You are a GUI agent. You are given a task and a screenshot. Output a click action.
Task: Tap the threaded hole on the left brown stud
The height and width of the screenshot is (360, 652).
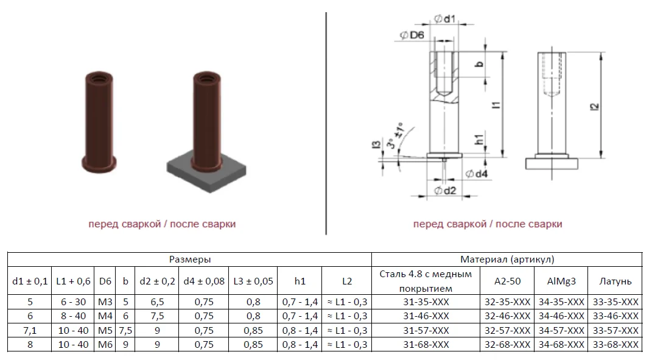[99, 77]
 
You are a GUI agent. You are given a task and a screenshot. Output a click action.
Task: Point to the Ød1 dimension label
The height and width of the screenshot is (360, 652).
[445, 19]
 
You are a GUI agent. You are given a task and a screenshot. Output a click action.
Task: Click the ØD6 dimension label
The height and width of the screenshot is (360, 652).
[412, 35]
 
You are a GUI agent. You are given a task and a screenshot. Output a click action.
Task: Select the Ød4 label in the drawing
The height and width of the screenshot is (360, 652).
[477, 174]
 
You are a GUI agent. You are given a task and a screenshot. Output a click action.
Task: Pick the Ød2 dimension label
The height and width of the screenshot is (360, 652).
[446, 191]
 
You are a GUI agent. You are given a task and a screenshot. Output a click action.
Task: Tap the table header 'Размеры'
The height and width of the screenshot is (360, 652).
[189, 259]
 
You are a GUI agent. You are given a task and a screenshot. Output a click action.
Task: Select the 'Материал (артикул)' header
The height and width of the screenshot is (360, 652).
[507, 259]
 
